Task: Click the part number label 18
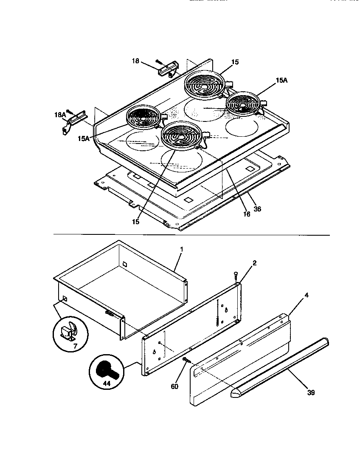pyautogui.click(x=135, y=61)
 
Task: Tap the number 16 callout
pyautogui.click(x=246, y=214)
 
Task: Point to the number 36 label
pyautogui.click(x=258, y=209)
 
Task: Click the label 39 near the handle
pyautogui.click(x=311, y=393)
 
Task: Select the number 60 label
pyautogui.click(x=174, y=386)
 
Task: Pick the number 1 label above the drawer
pyautogui.click(x=181, y=250)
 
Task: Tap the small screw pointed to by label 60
pyautogui.click(x=186, y=360)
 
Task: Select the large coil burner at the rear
pyautogui.click(x=205, y=83)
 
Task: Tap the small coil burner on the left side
pyautogui.click(x=144, y=117)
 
